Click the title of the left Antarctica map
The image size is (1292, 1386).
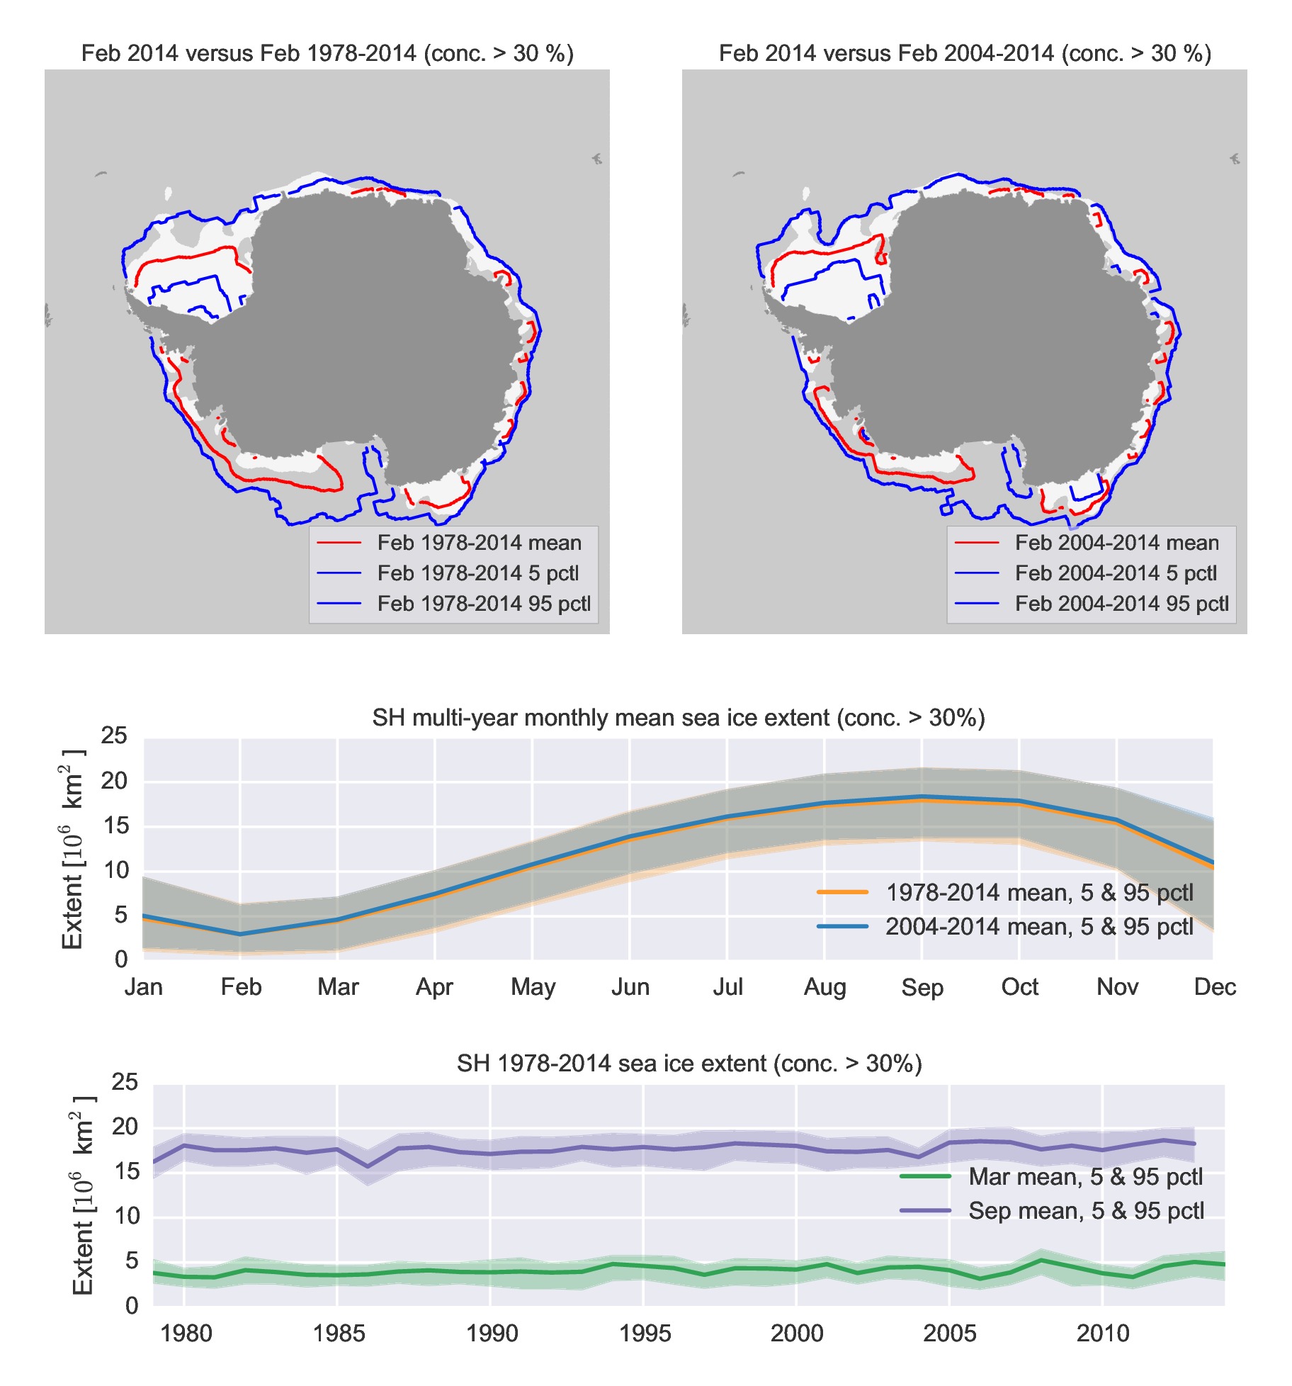coord(327,53)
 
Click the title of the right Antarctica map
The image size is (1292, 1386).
coord(965,53)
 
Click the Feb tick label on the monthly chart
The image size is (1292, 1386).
coord(241,987)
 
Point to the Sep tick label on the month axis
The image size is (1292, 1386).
coord(922,988)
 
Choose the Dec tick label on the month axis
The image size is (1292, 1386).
coord(1215,987)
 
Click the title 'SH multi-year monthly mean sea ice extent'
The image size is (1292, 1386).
coord(679,718)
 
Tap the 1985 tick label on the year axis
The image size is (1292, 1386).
coord(339,1334)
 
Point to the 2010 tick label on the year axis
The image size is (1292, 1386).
coord(1103,1334)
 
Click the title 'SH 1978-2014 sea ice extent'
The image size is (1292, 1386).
coord(689,1064)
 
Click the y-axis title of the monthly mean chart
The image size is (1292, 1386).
coord(72,849)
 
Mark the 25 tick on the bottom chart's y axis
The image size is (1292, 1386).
coord(125,1082)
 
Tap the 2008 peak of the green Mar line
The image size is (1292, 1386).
coord(1041,1260)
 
